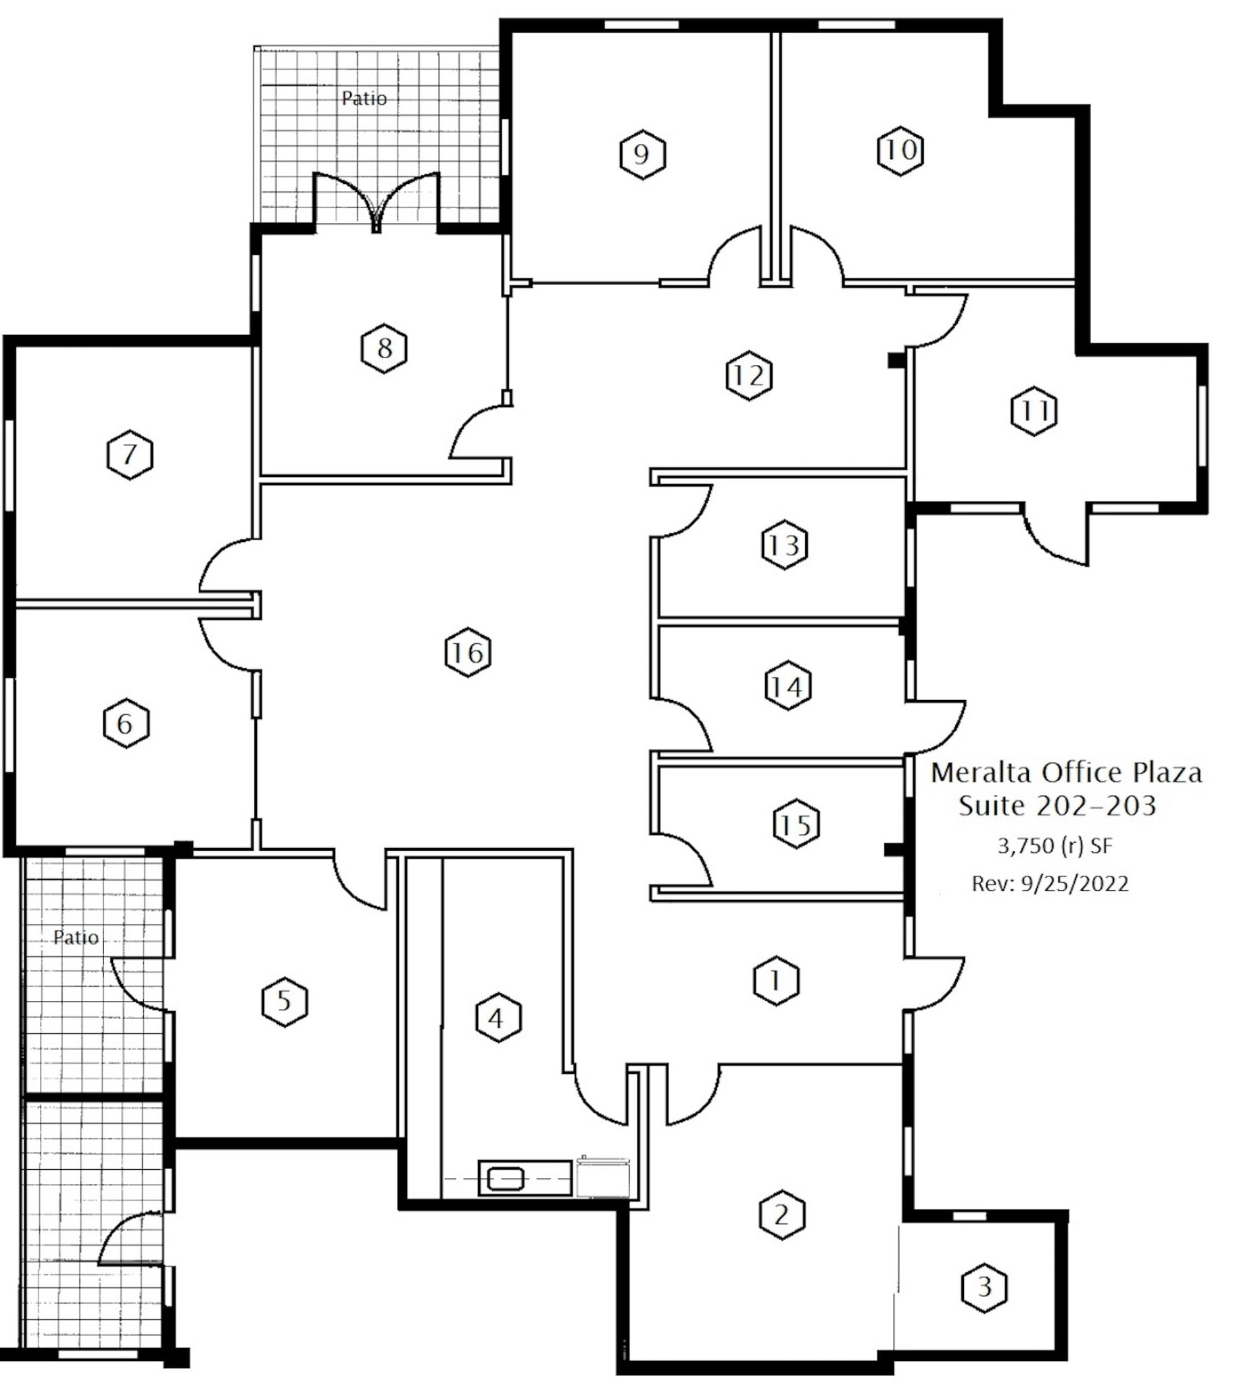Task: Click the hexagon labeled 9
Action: click(x=643, y=155)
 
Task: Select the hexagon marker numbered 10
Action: click(x=900, y=151)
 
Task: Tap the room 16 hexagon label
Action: click(x=468, y=653)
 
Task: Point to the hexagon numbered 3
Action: click(x=984, y=1287)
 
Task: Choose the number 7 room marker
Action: click(x=130, y=455)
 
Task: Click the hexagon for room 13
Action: click(x=784, y=545)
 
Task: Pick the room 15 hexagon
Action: click(x=796, y=825)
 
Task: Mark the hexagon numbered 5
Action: click(x=285, y=1002)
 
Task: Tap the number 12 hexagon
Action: click(x=748, y=375)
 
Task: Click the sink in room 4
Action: click(x=506, y=1179)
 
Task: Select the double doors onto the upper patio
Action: click(x=377, y=202)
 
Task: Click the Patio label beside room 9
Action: click(x=364, y=99)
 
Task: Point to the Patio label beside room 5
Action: click(x=76, y=937)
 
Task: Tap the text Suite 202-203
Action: click(x=1057, y=806)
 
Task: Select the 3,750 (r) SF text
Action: click(x=1055, y=846)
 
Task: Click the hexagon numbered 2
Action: click(x=781, y=1214)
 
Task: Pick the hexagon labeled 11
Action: click(x=1034, y=411)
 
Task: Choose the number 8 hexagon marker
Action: click(x=384, y=349)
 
